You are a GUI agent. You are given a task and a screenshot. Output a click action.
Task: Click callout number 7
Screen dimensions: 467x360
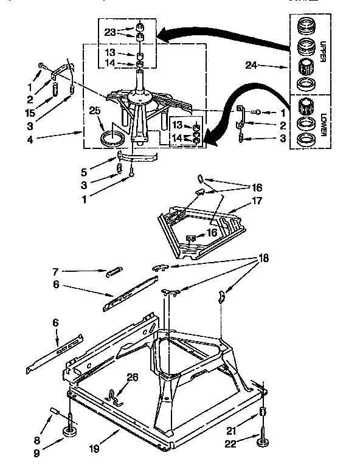click(56, 271)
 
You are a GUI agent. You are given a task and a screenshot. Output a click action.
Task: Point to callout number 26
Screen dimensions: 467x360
click(132, 377)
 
